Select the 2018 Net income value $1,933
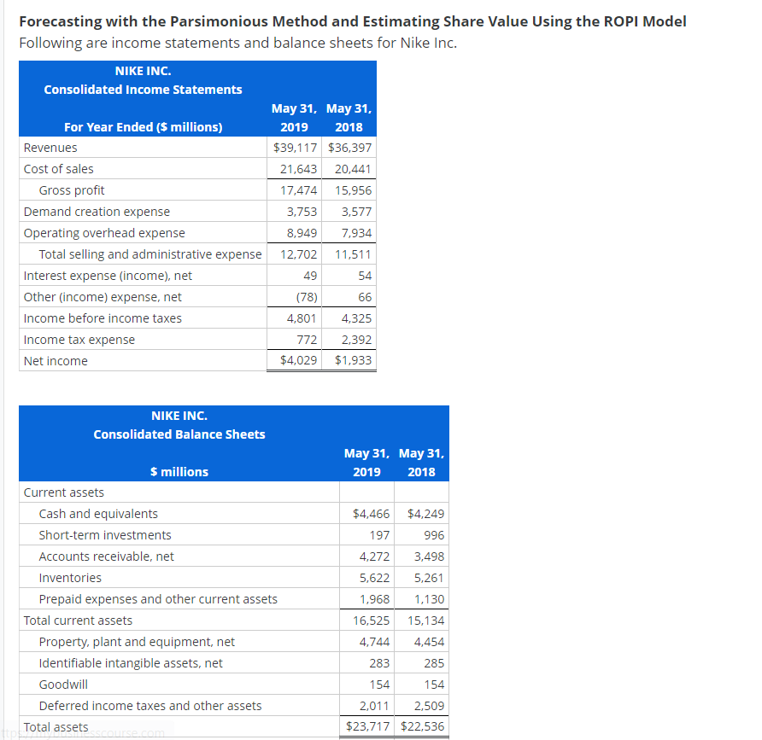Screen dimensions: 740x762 tap(354, 361)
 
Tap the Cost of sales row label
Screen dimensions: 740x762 tap(59, 169)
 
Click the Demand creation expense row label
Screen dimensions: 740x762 tap(97, 212)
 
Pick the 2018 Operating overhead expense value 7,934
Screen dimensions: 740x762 tap(356, 233)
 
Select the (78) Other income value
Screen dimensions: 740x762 tap(307, 297)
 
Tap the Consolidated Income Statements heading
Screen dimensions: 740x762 tap(143, 90)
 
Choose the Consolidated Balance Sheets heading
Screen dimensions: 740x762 tap(179, 434)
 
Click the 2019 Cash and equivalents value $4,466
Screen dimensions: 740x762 tap(371, 514)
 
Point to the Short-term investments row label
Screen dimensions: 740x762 tap(105, 535)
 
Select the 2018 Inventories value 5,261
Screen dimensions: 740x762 tap(429, 578)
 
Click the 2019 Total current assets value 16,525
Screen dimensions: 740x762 tap(371, 621)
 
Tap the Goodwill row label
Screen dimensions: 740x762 tap(63, 685)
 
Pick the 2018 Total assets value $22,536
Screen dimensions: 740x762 tap(422, 726)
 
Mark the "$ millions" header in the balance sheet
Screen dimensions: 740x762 tap(179, 472)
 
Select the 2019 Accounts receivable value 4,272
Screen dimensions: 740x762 tap(373, 556)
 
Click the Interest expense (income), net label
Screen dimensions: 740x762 tap(108, 276)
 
